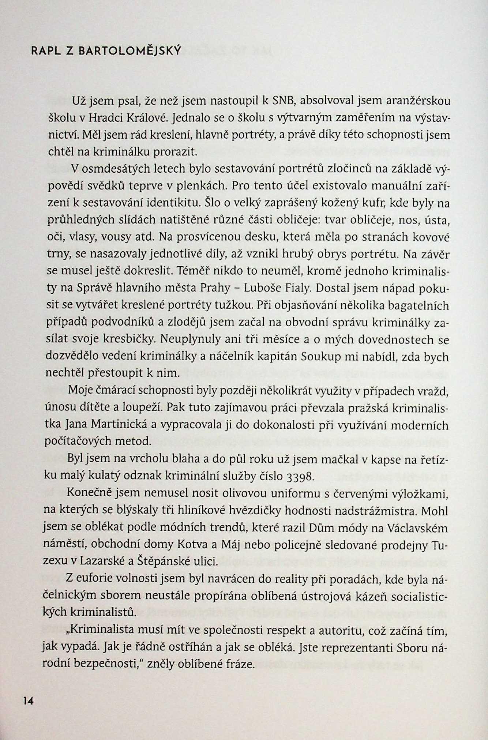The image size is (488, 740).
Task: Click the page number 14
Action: (x=28, y=701)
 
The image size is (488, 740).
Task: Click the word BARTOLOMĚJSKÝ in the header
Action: (x=130, y=51)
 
